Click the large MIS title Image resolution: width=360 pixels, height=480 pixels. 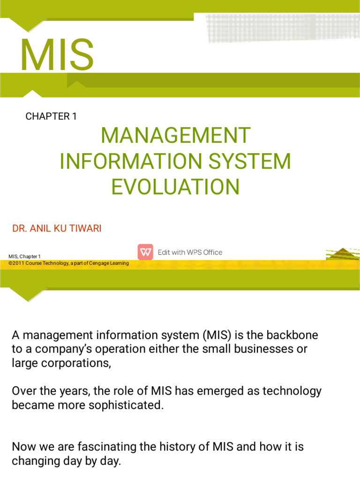[57, 55]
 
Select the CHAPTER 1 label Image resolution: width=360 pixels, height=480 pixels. [51, 117]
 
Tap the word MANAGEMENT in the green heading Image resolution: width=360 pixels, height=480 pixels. [176, 136]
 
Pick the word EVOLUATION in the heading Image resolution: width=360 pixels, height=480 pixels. [175, 187]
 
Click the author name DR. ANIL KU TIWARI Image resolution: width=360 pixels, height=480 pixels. [57, 229]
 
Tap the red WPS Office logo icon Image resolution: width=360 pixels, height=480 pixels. [145, 252]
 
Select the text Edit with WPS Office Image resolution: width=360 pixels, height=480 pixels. [190, 252]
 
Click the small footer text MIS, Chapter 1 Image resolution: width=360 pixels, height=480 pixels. [25, 256]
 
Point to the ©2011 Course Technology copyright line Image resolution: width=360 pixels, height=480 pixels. [68, 263]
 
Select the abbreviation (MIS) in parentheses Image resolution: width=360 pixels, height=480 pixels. [217, 336]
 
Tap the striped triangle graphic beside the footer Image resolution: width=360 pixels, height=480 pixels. [343, 255]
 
